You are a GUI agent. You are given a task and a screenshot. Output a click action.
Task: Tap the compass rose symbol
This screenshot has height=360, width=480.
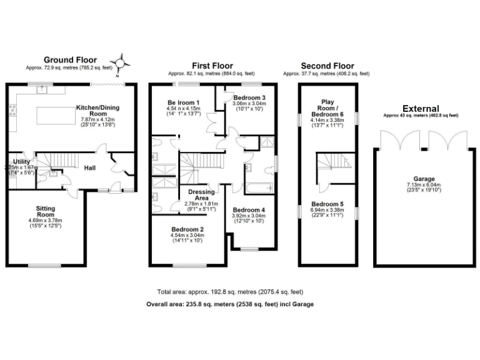tap(123, 61)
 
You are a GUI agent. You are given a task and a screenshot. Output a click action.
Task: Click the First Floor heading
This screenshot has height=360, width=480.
tap(212, 66)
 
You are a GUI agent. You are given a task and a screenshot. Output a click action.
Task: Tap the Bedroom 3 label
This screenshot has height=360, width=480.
tap(249, 98)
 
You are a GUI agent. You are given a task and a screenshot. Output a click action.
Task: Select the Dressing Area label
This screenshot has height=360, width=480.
tap(201, 195)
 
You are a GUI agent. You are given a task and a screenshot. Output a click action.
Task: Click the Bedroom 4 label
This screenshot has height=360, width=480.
tap(249, 210)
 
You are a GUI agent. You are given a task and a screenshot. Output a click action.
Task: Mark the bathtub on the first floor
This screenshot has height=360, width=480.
tap(258, 187)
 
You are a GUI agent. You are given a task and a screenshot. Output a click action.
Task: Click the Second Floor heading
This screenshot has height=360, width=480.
tap(327, 66)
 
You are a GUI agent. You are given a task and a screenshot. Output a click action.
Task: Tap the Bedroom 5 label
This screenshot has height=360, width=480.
tap(327, 204)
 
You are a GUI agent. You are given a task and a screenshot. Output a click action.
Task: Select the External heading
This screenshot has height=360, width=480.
tap(421, 108)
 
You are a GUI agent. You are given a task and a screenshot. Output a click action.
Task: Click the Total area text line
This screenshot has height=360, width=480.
tap(230, 292)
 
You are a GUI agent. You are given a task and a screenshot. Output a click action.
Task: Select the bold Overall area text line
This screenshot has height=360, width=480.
tap(229, 304)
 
